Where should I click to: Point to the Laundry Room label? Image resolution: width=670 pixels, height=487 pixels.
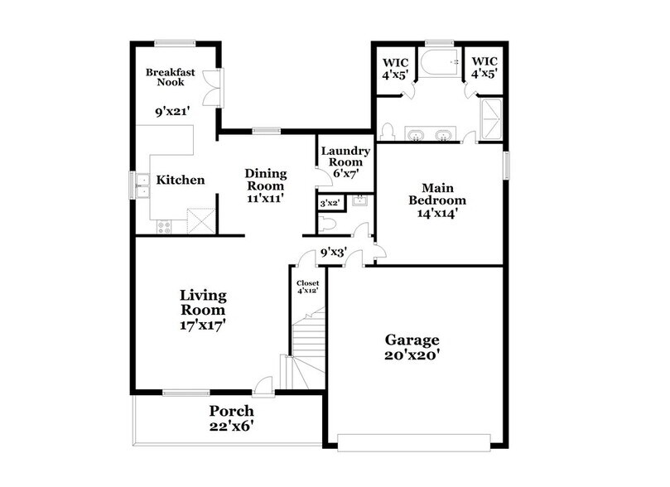pyautogui.click(x=345, y=157)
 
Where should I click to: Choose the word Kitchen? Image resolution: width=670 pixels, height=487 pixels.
pyautogui.click(x=181, y=180)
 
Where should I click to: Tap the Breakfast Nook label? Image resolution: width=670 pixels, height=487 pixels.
pyautogui.click(x=171, y=78)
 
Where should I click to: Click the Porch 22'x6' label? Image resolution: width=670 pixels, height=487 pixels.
pyautogui.click(x=231, y=418)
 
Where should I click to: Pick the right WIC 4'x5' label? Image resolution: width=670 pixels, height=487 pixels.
pyautogui.click(x=484, y=67)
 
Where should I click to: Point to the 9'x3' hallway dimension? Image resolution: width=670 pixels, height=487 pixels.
pyautogui.click(x=333, y=253)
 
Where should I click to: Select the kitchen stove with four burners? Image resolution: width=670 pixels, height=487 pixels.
pyautogui.click(x=163, y=226)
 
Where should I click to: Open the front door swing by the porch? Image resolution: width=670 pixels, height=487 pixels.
pyautogui.click(x=263, y=383)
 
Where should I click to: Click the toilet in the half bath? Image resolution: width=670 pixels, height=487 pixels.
pyautogui.click(x=329, y=224)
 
